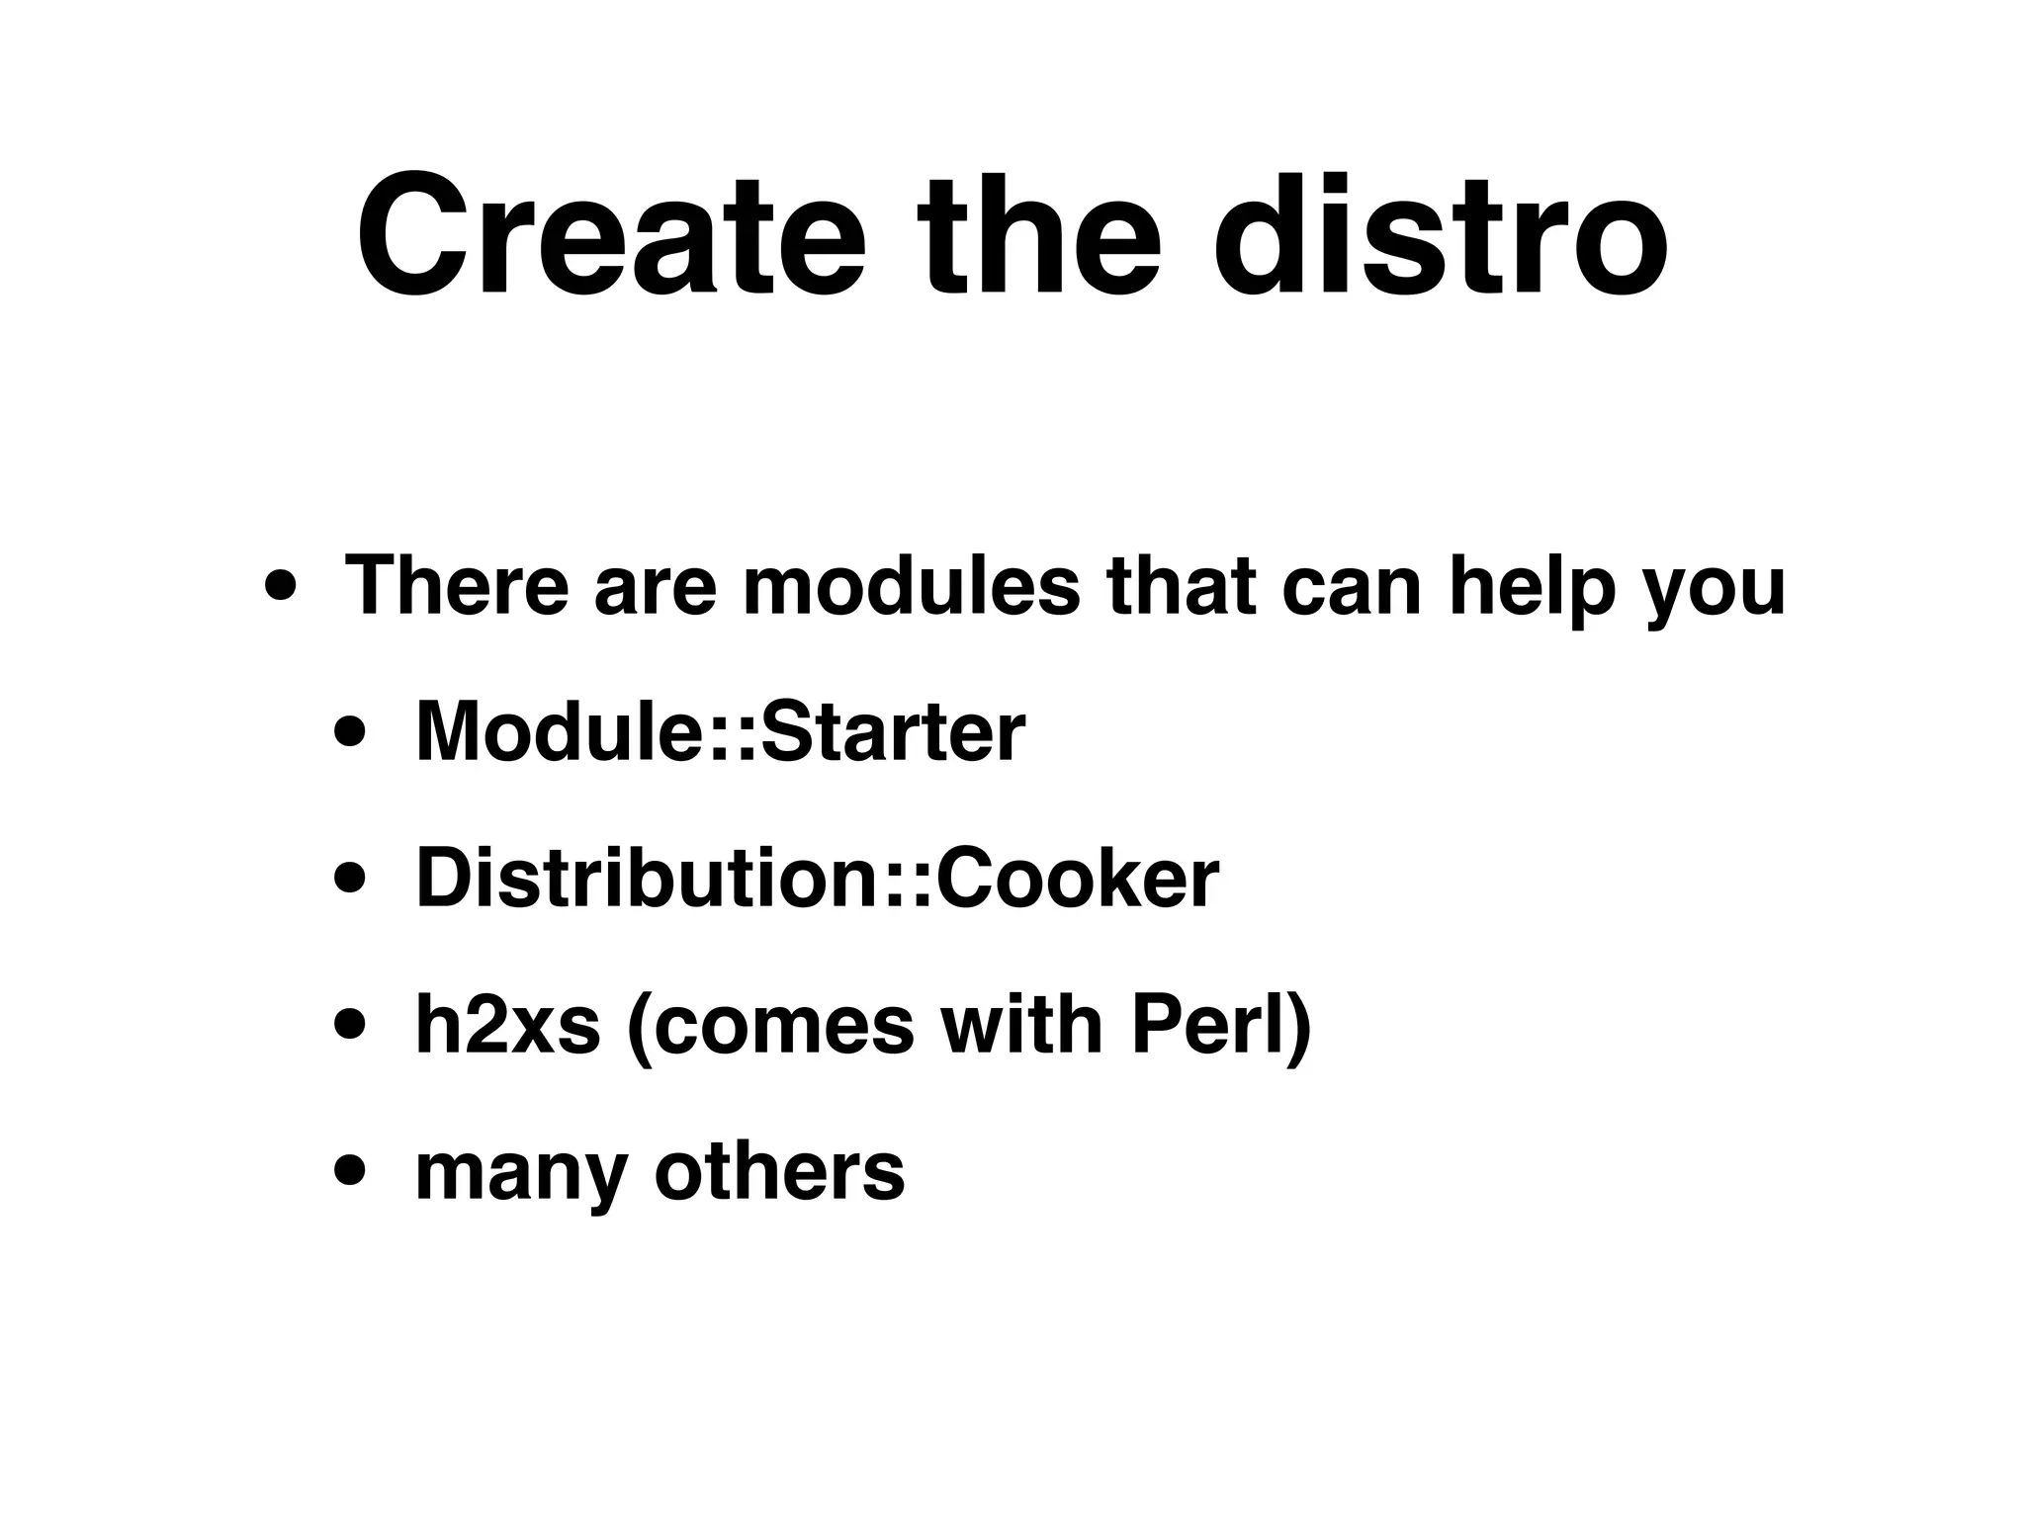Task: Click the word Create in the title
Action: point(610,237)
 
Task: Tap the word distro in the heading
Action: point(1440,237)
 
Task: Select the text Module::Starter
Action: point(720,732)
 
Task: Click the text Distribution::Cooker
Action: point(817,879)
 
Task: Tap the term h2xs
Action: point(507,1026)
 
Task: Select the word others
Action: point(779,1172)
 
